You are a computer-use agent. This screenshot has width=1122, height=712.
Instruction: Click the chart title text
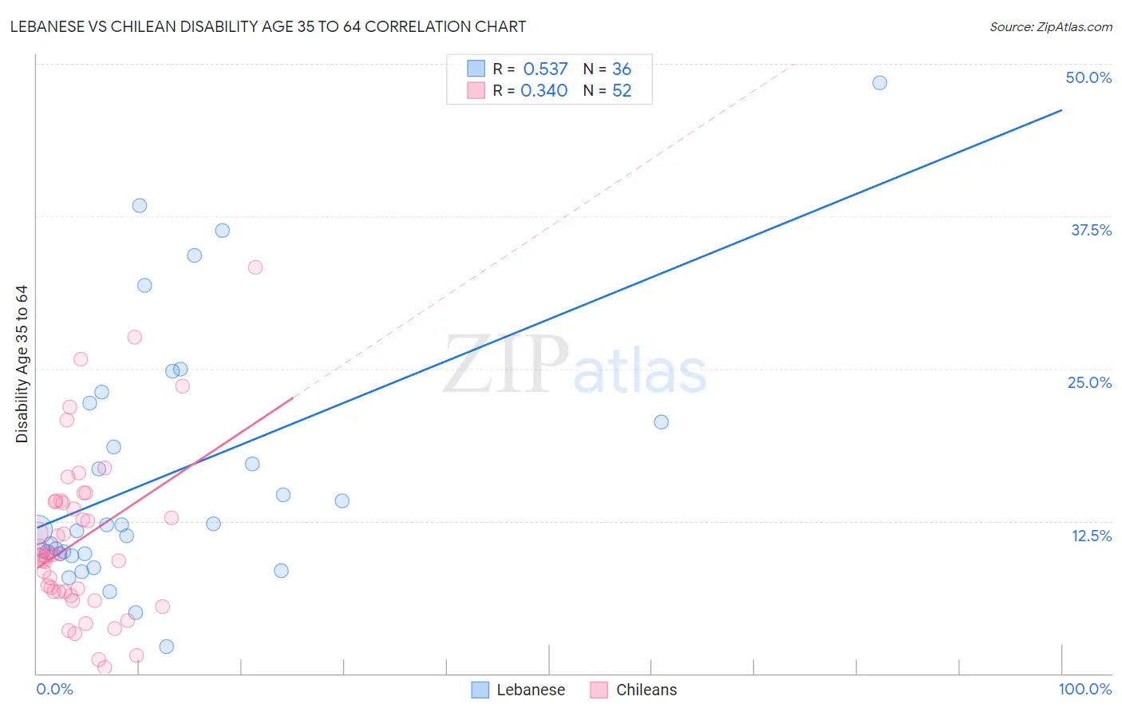(x=268, y=26)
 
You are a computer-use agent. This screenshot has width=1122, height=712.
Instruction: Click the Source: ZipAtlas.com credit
(x=1050, y=27)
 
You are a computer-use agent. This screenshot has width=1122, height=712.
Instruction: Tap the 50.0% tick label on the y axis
(x=1088, y=77)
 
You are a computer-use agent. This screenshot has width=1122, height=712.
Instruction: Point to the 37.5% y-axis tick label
(x=1091, y=230)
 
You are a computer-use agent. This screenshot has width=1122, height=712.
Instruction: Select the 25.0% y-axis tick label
(x=1089, y=382)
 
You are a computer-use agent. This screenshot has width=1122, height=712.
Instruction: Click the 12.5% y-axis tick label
(x=1091, y=536)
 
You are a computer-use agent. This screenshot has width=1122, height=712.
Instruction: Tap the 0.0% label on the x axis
(x=54, y=689)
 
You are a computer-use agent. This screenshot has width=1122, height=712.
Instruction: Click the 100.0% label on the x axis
(x=1084, y=689)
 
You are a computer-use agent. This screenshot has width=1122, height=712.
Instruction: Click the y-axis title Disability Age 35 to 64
(x=22, y=364)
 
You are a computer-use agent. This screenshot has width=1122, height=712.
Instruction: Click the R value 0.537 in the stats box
(x=545, y=69)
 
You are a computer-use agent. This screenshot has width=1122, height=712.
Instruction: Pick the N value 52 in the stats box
(x=622, y=91)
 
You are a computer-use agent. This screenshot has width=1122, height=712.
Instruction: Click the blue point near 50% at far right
(x=879, y=83)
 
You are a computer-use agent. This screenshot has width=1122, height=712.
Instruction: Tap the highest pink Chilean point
(x=255, y=267)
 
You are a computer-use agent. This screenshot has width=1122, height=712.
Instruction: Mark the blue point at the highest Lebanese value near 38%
(x=140, y=205)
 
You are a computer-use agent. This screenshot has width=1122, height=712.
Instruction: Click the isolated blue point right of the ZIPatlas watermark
(x=662, y=422)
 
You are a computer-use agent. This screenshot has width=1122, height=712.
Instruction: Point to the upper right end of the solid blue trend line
(x=1061, y=110)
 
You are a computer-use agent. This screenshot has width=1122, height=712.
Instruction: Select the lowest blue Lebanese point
(x=167, y=647)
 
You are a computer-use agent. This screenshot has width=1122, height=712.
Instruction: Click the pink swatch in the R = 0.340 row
(x=476, y=90)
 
